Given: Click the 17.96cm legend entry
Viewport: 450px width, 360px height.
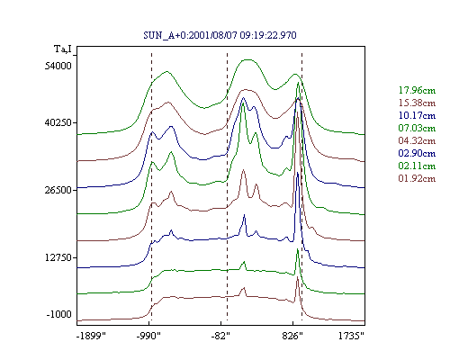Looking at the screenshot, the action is click(417, 90).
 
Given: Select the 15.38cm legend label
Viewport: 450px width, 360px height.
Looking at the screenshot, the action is click(417, 103).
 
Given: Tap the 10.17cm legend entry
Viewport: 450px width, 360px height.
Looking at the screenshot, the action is click(417, 115).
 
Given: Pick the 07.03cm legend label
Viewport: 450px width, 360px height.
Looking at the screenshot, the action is click(417, 128).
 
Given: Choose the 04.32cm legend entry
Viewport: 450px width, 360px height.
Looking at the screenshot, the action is click(417, 140).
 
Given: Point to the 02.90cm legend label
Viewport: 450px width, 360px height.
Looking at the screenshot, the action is click(417, 153).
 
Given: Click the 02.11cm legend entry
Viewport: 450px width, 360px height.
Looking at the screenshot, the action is click(417, 166).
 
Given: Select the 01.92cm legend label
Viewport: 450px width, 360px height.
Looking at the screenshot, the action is click(417, 178).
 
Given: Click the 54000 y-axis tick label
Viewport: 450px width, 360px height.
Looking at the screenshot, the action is click(58, 66).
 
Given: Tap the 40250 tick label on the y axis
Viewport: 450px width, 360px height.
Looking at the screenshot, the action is click(58, 122).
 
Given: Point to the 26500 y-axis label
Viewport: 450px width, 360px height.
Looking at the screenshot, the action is click(58, 190).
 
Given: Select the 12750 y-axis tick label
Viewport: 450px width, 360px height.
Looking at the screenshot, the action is click(58, 257).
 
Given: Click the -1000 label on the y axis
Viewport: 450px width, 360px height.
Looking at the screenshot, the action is click(59, 314).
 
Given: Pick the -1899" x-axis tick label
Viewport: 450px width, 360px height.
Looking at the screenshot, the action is click(91, 336).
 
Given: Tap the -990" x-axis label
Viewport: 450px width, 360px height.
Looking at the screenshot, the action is click(148, 336).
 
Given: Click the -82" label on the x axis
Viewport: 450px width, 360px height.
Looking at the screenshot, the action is click(220, 336).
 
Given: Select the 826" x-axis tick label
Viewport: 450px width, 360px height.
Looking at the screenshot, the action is click(292, 336).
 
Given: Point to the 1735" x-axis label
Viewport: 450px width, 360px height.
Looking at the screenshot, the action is click(351, 336).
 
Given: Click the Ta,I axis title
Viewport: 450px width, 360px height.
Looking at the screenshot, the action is click(63, 49).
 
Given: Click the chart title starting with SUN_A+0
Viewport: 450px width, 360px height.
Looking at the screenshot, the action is click(220, 35).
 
